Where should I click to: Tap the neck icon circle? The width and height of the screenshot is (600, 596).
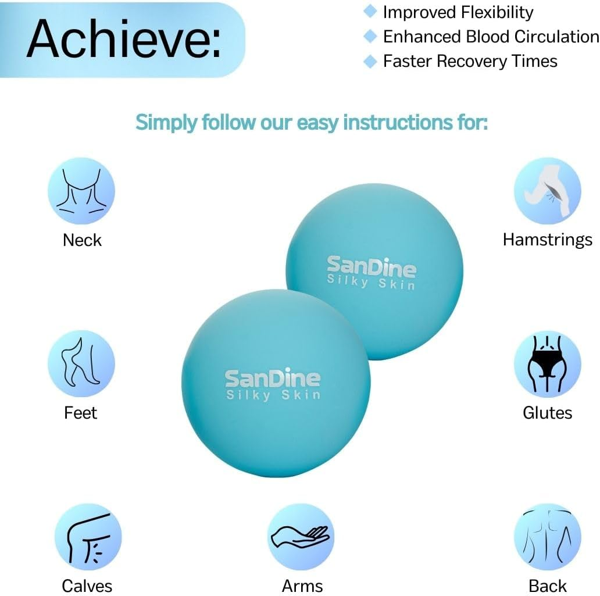pos(81,191)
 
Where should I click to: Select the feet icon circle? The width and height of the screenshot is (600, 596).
pos(81,364)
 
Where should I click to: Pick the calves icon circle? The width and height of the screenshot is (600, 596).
pos(88,536)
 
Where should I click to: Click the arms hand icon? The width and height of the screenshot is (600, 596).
pos(301,536)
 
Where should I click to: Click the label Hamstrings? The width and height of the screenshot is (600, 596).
pos(548,240)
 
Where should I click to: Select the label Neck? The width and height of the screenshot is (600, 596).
pos(82,240)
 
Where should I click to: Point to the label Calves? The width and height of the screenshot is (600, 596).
pos(87,585)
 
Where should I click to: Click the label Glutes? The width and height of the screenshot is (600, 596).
pos(548,412)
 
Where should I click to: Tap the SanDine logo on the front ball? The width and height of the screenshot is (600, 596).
pos(273,379)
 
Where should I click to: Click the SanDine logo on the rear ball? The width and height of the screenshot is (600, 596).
pos(372,267)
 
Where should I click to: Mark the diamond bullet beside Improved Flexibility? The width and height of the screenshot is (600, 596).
pos(370,12)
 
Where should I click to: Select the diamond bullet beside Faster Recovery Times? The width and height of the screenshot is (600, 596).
pos(370,61)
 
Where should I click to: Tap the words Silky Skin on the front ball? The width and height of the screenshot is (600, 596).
pos(273,395)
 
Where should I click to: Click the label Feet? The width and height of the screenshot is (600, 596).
pos(81,412)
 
